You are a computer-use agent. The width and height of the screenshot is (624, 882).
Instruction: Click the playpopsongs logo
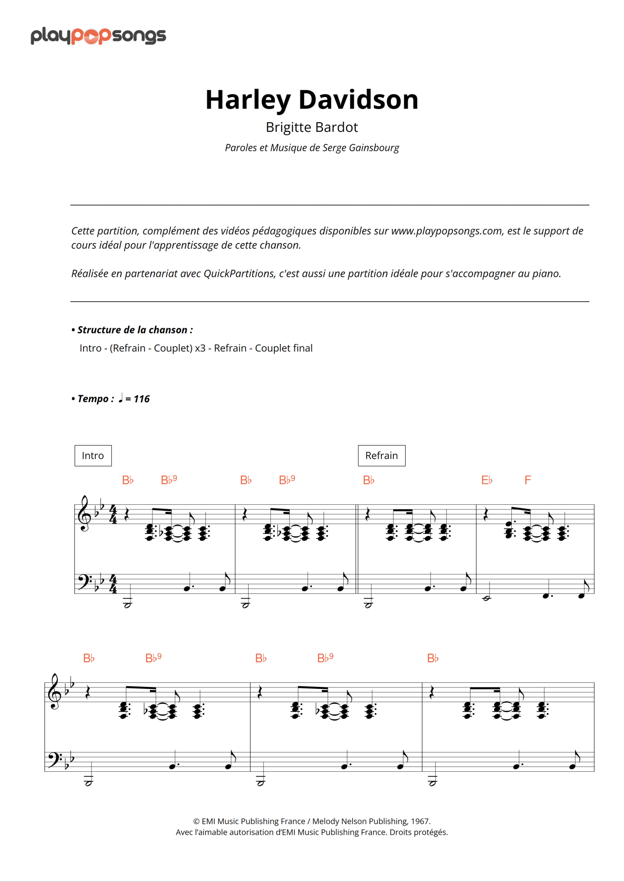point(98,36)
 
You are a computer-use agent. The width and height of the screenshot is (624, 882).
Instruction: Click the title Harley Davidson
point(311,100)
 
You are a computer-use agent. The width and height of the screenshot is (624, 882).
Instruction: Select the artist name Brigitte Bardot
point(311,127)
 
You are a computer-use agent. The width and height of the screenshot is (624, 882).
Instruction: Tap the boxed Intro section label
point(93,456)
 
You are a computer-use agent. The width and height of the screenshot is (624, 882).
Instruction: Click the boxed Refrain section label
point(381,456)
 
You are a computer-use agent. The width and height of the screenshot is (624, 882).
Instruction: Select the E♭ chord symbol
point(487,480)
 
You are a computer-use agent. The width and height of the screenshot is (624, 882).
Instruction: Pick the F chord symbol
point(527,480)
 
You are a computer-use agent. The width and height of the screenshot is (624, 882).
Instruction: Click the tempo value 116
point(141,399)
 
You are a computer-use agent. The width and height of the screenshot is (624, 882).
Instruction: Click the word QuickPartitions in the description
point(239,274)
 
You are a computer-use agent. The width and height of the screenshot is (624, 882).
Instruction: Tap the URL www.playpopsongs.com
point(446,231)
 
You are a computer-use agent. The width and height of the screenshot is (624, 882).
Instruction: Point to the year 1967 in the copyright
point(420,821)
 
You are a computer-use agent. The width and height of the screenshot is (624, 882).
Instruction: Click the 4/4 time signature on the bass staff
point(113,584)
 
